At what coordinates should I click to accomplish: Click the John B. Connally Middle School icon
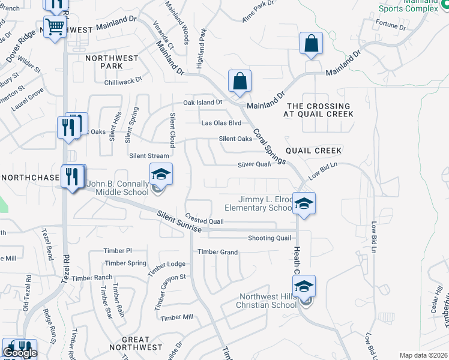click(160, 175)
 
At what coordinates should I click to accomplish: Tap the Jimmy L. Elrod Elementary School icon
click(304, 203)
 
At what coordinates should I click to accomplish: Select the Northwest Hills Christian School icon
click(304, 287)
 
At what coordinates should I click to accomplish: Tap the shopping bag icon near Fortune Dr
click(311, 43)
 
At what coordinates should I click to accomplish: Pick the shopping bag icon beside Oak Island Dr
click(240, 82)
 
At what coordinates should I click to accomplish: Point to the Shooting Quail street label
click(270, 238)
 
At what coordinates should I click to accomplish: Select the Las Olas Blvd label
click(221, 123)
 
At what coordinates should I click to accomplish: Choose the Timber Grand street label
click(217, 252)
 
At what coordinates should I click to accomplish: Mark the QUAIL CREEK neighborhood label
click(313, 151)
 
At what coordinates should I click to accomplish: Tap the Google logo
click(20, 353)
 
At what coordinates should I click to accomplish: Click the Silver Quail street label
click(254, 164)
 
